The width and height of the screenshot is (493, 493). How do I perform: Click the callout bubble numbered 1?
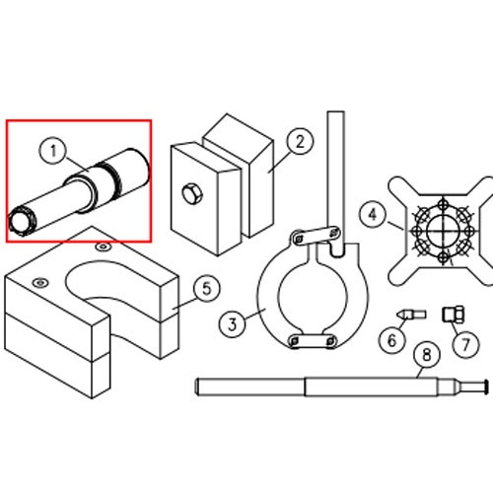tap(52, 151)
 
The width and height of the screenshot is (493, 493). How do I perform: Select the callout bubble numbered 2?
tap(300, 141)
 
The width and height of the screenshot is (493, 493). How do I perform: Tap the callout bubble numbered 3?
tap(233, 324)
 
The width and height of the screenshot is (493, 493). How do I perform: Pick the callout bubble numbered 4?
tap(373, 215)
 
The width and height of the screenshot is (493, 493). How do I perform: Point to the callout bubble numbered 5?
tap(207, 288)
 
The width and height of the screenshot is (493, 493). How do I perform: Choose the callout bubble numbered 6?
tap(392, 340)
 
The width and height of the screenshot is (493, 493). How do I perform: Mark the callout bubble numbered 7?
tap(465, 344)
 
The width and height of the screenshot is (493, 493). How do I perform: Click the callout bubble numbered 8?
tap(427, 355)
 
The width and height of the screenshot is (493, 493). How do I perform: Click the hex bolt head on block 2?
tap(191, 193)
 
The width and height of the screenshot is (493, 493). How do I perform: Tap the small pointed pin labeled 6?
tap(411, 315)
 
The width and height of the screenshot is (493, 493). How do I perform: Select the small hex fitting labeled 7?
tap(454, 314)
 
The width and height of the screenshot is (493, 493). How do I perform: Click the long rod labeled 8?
tap(342, 387)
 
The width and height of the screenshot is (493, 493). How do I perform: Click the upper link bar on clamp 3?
tap(315, 235)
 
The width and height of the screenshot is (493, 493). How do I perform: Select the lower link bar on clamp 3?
tap(313, 341)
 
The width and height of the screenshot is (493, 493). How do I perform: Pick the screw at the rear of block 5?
tap(103, 246)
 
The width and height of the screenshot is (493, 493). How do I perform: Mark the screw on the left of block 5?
tap(40, 282)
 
